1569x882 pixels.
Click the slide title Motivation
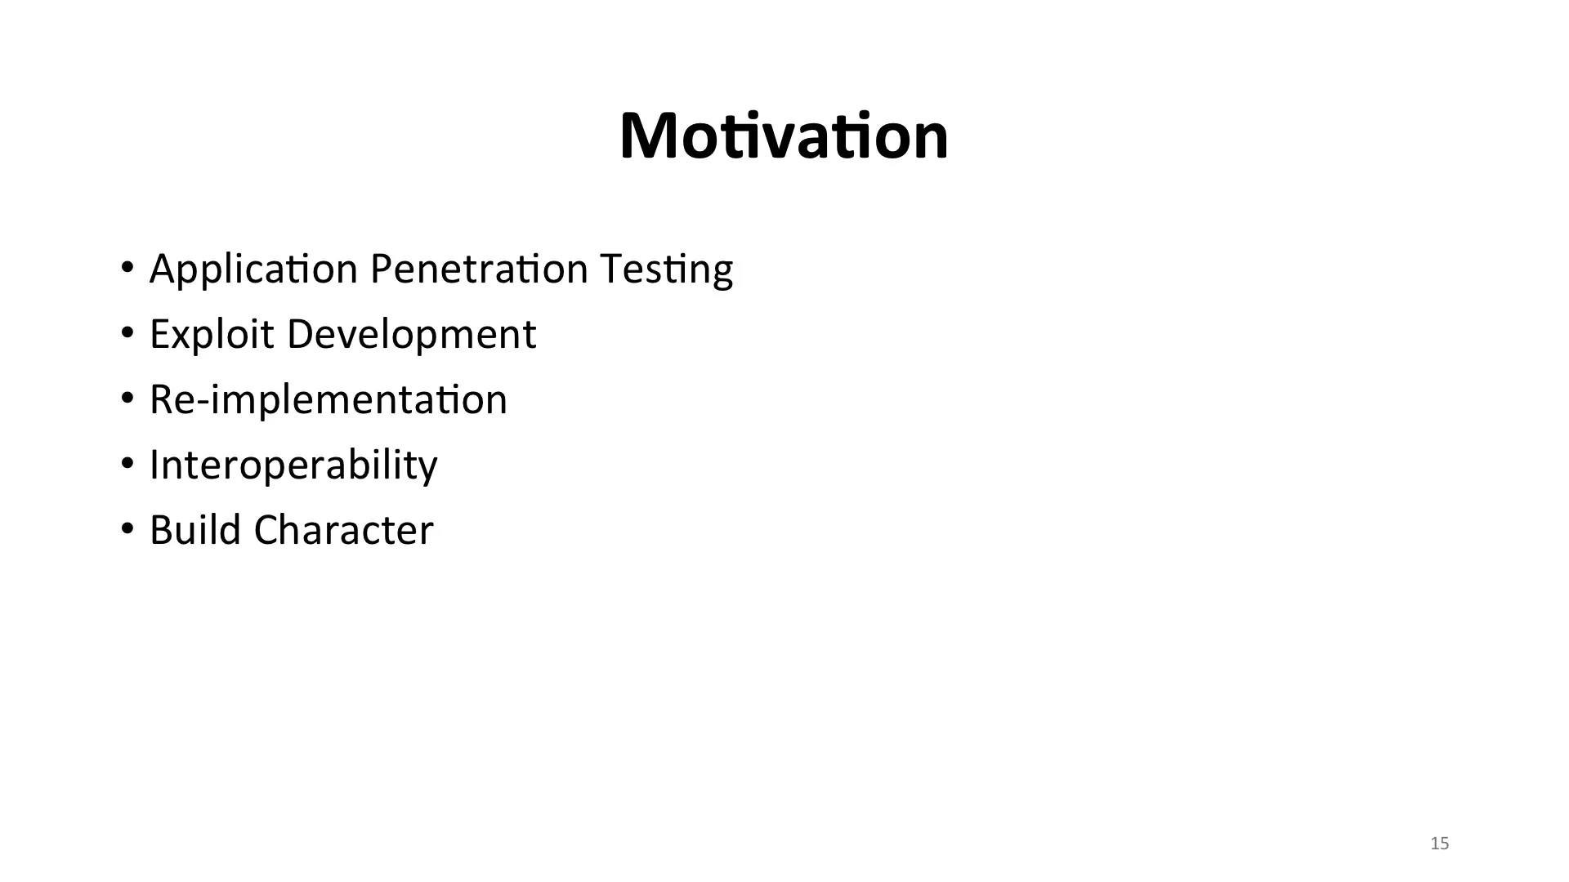point(784,136)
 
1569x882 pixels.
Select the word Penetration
point(479,268)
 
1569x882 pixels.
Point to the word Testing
point(666,269)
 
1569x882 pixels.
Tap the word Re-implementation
point(329,399)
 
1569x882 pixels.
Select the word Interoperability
point(294,465)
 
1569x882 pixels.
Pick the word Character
point(344,530)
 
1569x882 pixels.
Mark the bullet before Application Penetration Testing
point(127,268)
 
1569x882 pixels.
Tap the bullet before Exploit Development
point(127,333)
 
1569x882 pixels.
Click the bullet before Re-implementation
point(127,399)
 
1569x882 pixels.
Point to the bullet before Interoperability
point(127,464)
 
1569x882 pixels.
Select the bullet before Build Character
point(127,529)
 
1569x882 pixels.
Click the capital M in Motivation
point(646,136)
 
